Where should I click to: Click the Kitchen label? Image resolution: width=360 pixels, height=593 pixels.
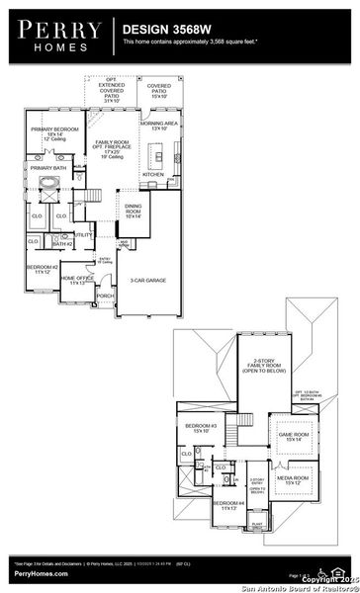[152, 174]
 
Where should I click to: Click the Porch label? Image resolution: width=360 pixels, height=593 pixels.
[105, 296]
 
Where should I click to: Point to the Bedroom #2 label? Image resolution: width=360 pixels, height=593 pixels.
[43, 269]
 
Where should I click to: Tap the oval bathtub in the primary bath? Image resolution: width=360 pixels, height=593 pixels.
[47, 188]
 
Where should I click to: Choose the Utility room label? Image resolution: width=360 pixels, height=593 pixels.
[81, 235]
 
